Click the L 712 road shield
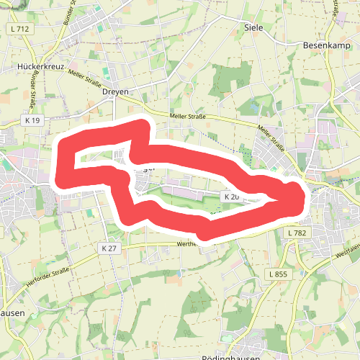19,28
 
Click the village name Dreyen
115,92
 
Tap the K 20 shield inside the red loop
231,197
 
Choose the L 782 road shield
297,233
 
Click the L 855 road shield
276,274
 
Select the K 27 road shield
109,248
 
